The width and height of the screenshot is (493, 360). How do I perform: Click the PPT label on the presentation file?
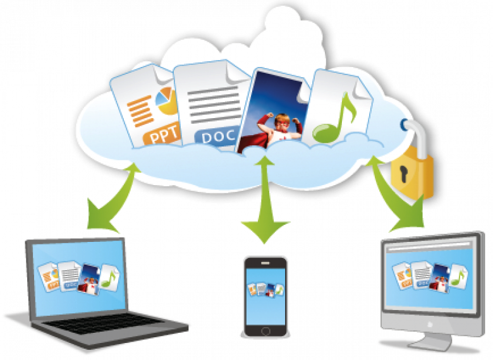pos(163,136)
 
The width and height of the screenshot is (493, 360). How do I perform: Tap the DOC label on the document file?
pos(218,137)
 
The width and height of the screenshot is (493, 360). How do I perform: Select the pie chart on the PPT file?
pos(166,100)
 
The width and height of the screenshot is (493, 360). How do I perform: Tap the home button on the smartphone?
pos(265,331)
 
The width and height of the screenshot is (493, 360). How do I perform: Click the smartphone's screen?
pos(265,296)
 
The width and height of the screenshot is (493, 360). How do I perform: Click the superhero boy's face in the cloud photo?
pos(282,123)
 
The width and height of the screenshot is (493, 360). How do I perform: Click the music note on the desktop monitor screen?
pos(458,277)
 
